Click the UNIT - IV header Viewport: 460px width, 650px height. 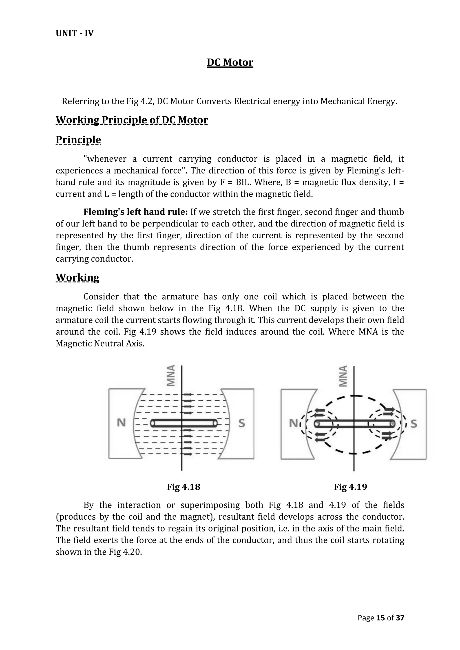(75, 33)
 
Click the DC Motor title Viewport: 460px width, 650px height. (230, 63)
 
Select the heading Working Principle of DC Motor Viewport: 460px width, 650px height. (132, 120)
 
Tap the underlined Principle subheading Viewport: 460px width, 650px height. (78, 140)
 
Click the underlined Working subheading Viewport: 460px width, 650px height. (77, 277)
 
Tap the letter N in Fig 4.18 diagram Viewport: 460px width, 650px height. (121, 423)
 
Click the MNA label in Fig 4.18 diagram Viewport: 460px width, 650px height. (171, 376)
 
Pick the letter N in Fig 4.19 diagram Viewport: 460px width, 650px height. (293, 424)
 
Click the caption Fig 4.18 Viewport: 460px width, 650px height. (184, 487)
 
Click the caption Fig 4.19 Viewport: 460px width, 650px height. (350, 487)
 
